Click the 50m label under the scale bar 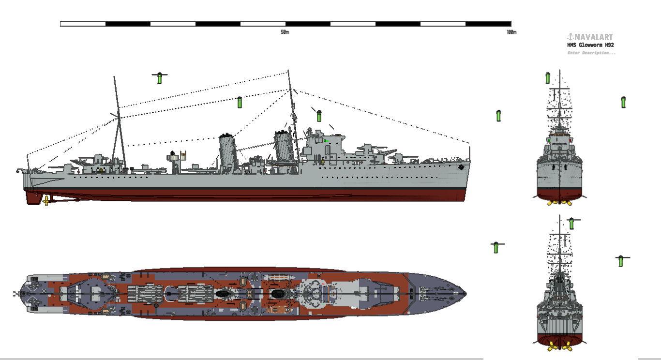click(x=285, y=32)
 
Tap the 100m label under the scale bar click(x=511, y=32)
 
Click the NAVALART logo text click(x=590, y=37)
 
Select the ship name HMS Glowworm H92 click(x=590, y=45)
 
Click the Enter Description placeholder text click(x=591, y=53)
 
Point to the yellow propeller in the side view click(x=46, y=201)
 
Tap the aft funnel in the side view click(x=228, y=153)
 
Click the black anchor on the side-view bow click(x=461, y=167)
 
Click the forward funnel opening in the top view click(x=277, y=294)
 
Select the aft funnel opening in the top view click(x=223, y=294)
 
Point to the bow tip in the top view click(x=466, y=294)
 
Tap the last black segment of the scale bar click(x=488, y=24)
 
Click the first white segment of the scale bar click(x=83, y=24)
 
